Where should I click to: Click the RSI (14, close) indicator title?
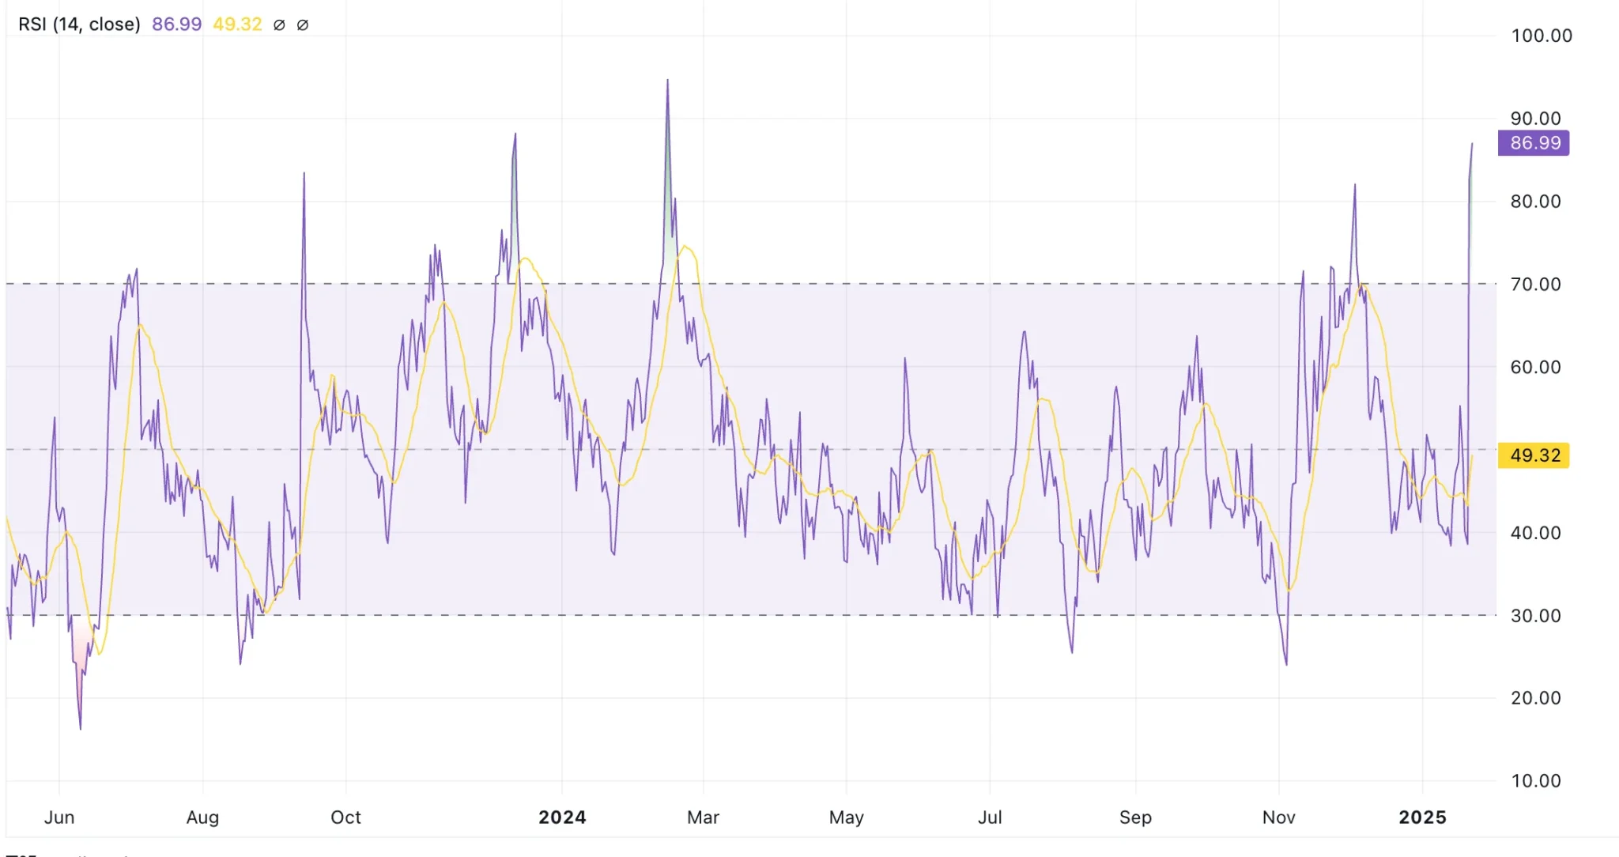point(79,25)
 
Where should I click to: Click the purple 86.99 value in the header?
point(176,25)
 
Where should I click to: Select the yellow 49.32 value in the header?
point(237,25)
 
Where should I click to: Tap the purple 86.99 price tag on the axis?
point(1534,143)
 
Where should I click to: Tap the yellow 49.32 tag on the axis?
point(1534,455)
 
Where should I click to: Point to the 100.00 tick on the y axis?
point(1541,36)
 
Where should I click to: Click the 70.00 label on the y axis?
point(1535,284)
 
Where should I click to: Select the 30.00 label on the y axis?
point(1535,615)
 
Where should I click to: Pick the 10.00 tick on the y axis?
point(1535,781)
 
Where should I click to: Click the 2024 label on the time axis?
point(562,817)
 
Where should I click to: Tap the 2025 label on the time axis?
point(1422,817)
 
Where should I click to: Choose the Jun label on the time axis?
point(59,817)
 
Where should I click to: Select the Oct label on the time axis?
point(345,817)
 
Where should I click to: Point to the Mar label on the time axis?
point(703,817)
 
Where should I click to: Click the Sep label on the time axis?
point(1135,817)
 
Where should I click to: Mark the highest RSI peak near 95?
point(667,80)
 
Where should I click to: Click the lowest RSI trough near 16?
point(81,728)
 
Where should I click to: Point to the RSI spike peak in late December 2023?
point(515,134)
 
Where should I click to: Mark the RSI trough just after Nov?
point(1286,664)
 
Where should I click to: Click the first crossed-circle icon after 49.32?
point(279,25)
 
